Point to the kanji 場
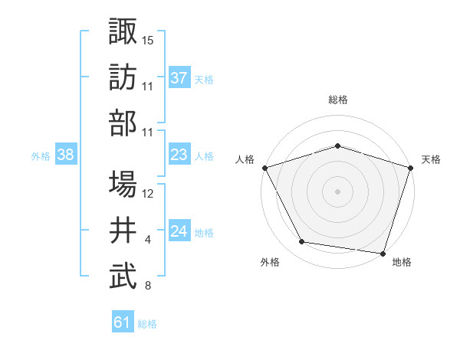pos(123,184)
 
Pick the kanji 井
pos(123,230)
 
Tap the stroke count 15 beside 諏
pos(148,40)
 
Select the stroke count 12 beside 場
pos(148,194)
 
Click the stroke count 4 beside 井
pos(148,241)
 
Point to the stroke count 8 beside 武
pos(148,286)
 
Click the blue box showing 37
pos(179,77)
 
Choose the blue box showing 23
pos(179,155)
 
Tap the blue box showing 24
pos(179,231)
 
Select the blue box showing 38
pos(65,155)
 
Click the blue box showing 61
pos(123,322)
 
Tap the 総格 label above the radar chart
pos(337,100)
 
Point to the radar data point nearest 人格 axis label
pos(264,167)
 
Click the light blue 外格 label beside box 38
pos(41,155)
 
